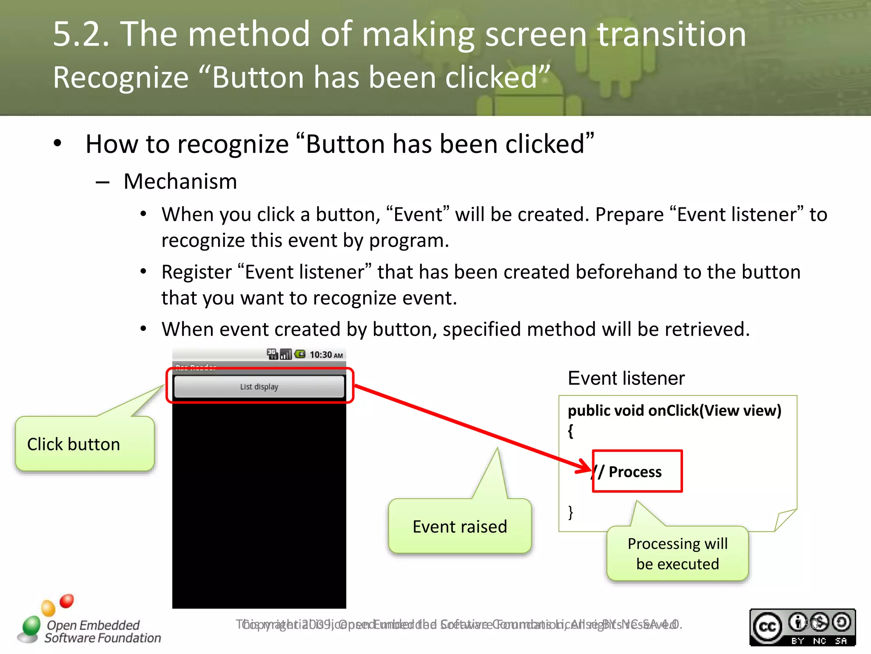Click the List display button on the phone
click(259, 387)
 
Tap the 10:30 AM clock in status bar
click(326, 355)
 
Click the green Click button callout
click(85, 444)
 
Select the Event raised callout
click(460, 527)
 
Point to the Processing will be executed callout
click(677, 554)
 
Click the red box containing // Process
click(637, 471)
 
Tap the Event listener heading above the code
click(626, 378)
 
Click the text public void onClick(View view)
click(675, 410)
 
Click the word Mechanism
click(180, 181)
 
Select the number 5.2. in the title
click(81, 34)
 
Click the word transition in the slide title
click(672, 34)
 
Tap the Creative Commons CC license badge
click(802, 627)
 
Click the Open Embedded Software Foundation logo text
click(102, 631)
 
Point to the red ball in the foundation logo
click(67, 601)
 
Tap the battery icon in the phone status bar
click(300, 354)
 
